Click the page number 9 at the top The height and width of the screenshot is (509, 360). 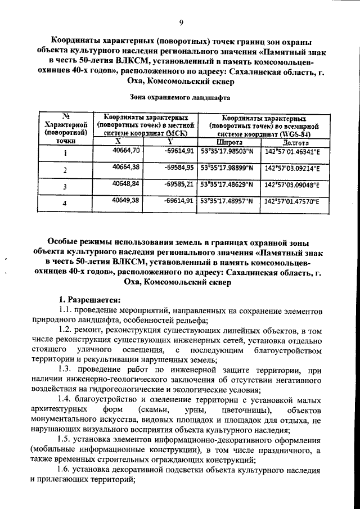coord(181,22)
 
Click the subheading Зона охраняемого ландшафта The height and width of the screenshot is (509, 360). coord(180,96)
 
